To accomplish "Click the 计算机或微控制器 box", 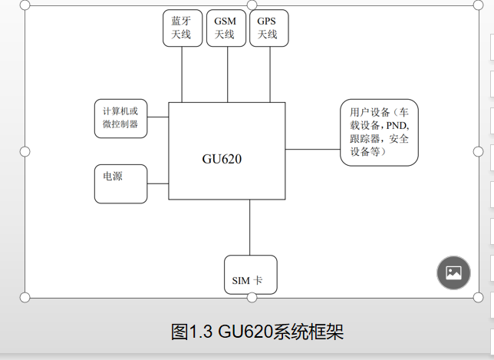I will pos(120,118).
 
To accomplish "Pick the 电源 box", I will pos(120,183).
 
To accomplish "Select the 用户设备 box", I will pos(380,132).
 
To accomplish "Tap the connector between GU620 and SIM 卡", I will pos(250,227).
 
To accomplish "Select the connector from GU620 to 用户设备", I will pos(313,150).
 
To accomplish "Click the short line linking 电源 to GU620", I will pos(157,183).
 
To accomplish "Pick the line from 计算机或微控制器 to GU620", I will pos(157,117).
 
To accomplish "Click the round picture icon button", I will pos(453,272).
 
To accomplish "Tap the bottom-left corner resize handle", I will pos(25,297).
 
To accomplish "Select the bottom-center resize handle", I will pos(252,297).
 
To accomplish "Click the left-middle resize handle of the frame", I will pos(25,151).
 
